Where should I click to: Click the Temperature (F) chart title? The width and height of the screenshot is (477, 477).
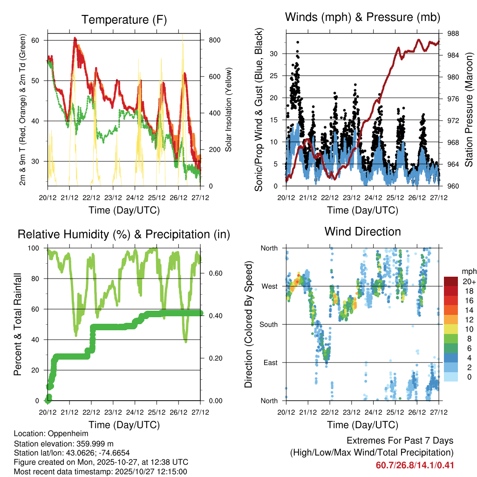(124, 20)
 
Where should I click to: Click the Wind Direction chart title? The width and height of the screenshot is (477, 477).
(362, 231)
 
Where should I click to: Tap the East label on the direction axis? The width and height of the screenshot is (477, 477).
(270, 362)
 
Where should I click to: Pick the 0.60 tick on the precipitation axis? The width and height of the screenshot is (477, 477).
(215, 273)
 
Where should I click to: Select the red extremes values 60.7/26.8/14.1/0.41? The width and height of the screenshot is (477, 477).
(415, 465)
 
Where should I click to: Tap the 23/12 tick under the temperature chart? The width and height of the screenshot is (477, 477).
(113, 197)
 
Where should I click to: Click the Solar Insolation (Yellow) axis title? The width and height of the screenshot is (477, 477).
(228, 109)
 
